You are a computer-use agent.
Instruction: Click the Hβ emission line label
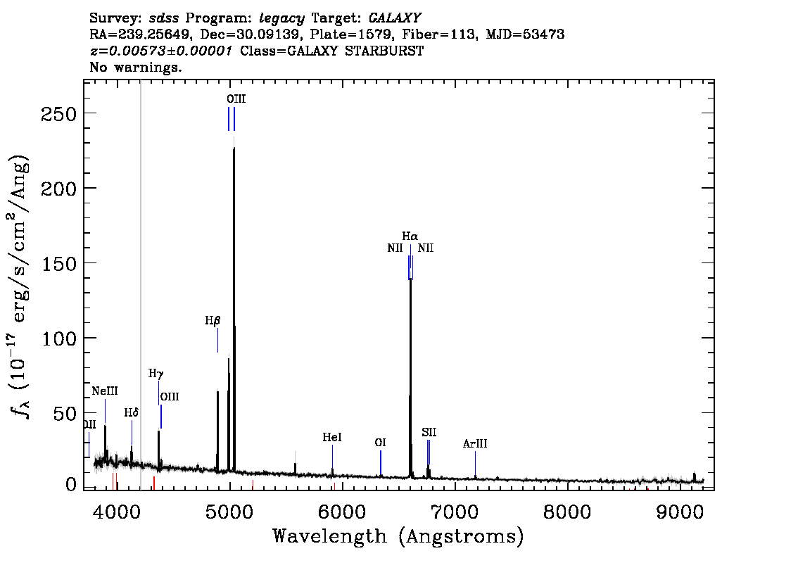(x=213, y=321)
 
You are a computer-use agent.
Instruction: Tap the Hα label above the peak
(x=410, y=236)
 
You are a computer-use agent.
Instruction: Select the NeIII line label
(x=105, y=391)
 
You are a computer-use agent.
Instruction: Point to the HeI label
(x=332, y=437)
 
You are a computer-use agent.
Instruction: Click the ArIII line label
(x=475, y=444)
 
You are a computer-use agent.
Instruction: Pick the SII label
(x=429, y=433)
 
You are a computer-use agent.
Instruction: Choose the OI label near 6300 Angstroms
(x=380, y=443)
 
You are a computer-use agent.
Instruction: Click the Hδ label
(x=132, y=413)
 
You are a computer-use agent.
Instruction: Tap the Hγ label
(x=156, y=374)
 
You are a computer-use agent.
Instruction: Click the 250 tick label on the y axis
(x=59, y=114)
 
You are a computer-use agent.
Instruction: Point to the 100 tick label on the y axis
(x=59, y=338)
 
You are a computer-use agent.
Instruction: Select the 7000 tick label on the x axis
(x=455, y=512)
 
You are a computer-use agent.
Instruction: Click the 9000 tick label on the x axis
(x=679, y=512)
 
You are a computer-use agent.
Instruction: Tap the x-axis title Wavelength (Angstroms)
(x=398, y=536)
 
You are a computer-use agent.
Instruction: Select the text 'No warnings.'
(x=136, y=67)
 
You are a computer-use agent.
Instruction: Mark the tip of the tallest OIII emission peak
(x=234, y=148)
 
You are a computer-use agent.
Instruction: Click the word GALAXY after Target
(x=395, y=18)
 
